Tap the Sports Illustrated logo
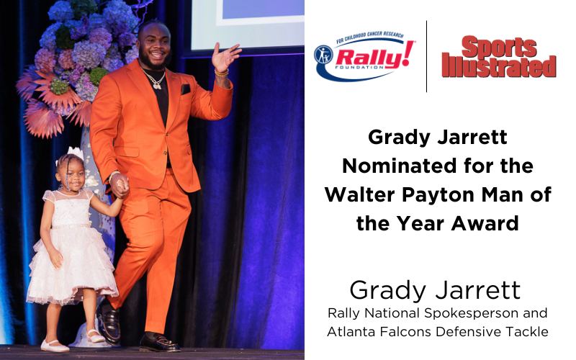[x=499, y=57]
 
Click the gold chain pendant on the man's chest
[x=157, y=84]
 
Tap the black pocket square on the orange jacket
[x=186, y=89]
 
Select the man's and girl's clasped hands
[x=120, y=186]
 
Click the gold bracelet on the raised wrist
[x=222, y=73]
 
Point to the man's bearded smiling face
[x=154, y=46]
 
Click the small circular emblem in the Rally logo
[x=323, y=55]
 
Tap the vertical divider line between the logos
[x=426, y=56]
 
